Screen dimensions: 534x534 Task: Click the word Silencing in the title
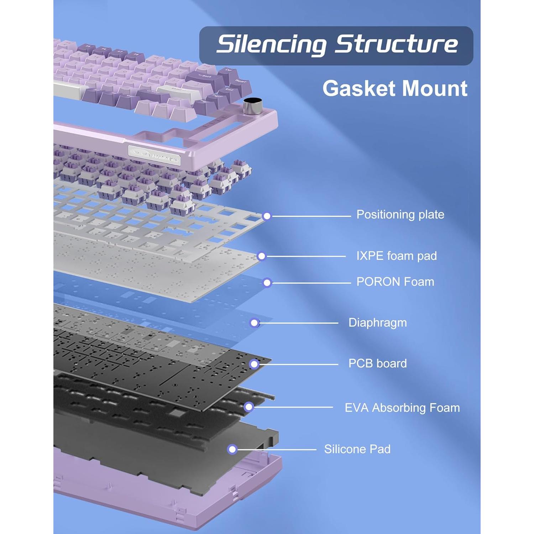pos(271,44)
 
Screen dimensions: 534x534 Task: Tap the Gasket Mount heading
pos(394,88)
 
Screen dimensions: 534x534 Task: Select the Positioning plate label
pos(400,215)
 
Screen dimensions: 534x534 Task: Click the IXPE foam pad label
pos(396,256)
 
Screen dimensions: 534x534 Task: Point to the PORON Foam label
pos(395,282)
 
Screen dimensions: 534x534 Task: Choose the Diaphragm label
pos(377,323)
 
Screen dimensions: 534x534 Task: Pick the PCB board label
pos(377,363)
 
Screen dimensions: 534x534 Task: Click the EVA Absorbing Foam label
pos(402,408)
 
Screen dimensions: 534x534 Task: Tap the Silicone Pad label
pos(357,449)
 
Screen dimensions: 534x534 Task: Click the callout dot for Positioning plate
pos(267,216)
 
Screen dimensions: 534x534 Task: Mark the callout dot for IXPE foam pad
pos(262,256)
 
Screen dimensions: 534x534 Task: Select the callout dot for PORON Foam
pos(267,283)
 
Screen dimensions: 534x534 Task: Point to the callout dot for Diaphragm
pos(254,323)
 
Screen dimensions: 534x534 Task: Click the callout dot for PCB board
pos(254,364)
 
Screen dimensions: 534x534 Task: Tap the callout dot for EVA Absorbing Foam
pos(249,407)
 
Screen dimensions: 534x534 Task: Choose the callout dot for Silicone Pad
pos(232,449)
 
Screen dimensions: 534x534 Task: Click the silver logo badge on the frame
pos(154,155)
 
